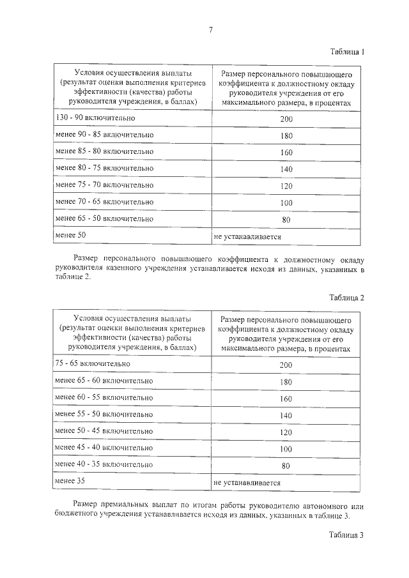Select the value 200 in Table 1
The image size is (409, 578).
(286, 119)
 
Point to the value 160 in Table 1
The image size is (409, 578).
(286, 153)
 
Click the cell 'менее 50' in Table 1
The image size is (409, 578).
(70, 236)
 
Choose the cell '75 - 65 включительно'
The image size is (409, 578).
(93, 363)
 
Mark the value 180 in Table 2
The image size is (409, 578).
(286, 381)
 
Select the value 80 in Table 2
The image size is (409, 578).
(286, 466)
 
